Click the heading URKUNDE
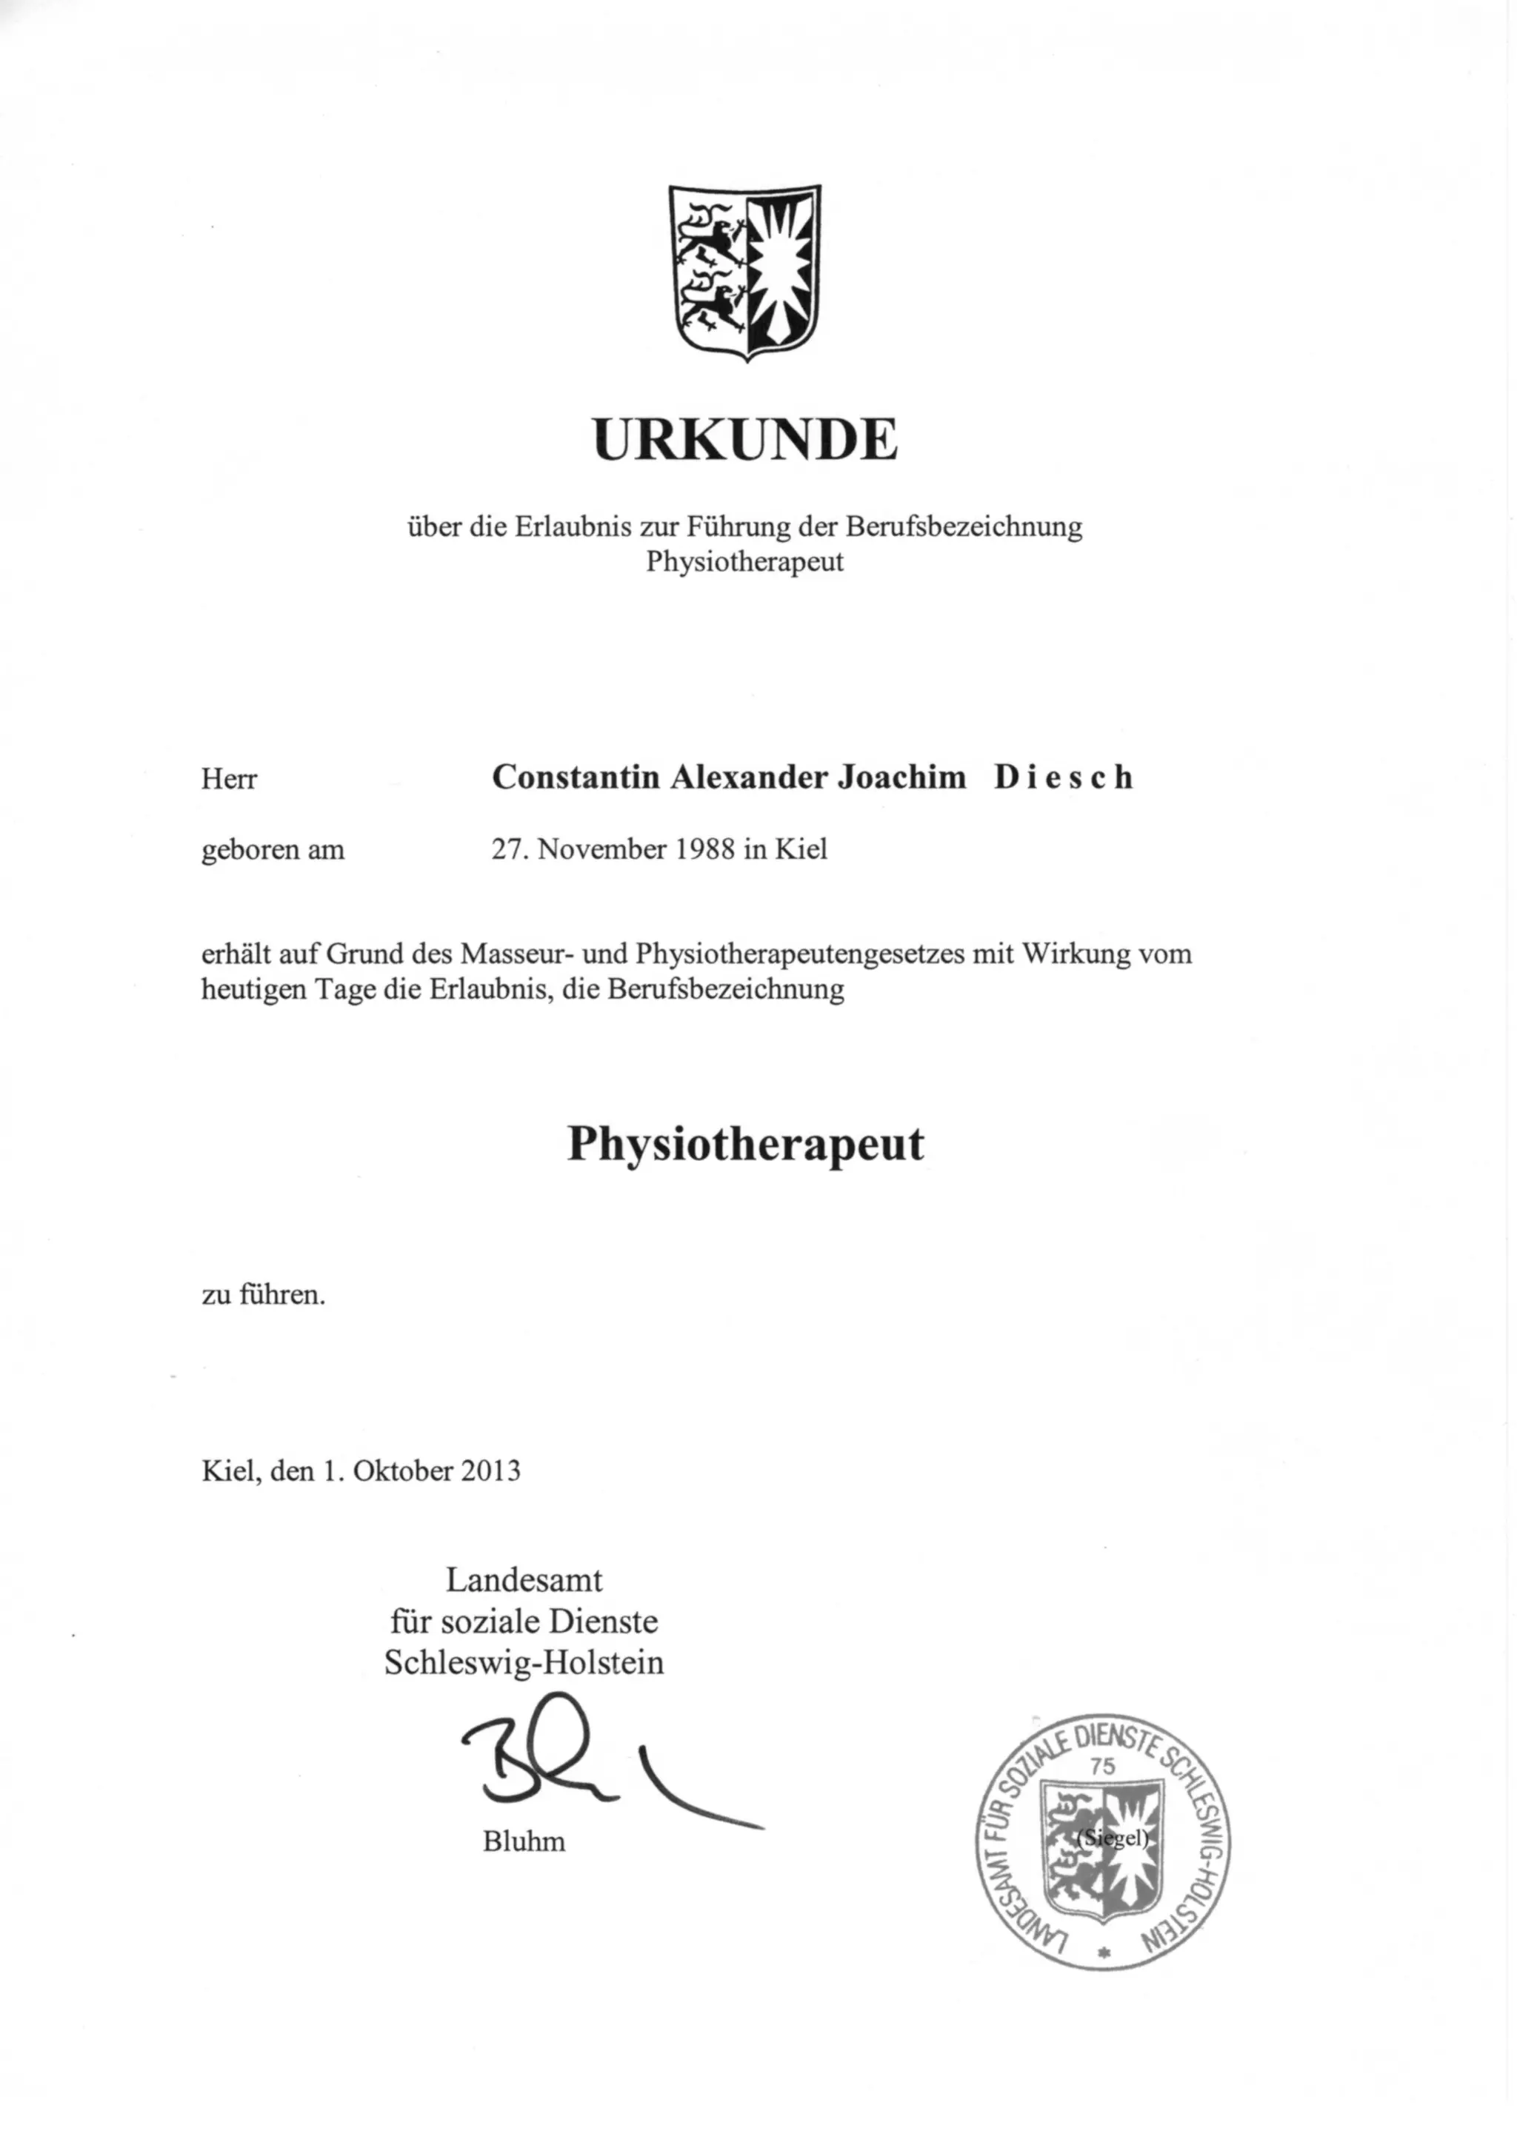745,439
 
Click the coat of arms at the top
745,272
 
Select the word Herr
229,779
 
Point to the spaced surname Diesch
1063,777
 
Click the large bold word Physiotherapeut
745,1142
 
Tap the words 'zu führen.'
264,1296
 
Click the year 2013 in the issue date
489,1471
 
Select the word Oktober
404,1471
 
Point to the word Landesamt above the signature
524,1580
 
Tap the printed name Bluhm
524,1841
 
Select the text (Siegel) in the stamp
1111,1838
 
